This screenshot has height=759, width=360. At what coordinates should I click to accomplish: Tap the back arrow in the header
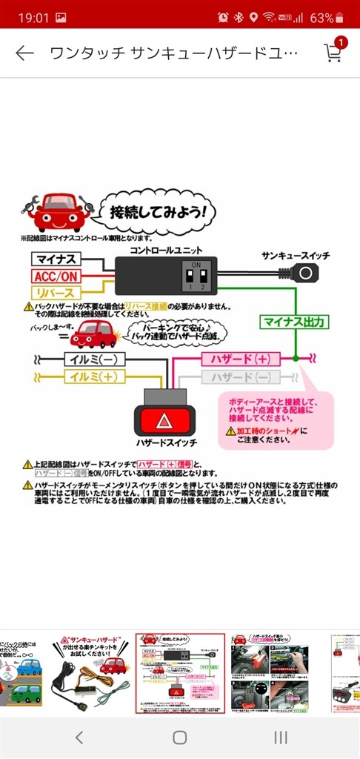(24, 53)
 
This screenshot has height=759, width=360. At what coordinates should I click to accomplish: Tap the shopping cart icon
(333, 53)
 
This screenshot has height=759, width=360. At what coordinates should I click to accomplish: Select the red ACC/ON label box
(56, 276)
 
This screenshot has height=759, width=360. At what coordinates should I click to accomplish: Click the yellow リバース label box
(56, 293)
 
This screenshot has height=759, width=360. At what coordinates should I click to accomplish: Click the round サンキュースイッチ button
(304, 273)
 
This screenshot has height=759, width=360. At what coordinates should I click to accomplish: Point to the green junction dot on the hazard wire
(295, 358)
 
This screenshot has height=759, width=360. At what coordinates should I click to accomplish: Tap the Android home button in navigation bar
(179, 737)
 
